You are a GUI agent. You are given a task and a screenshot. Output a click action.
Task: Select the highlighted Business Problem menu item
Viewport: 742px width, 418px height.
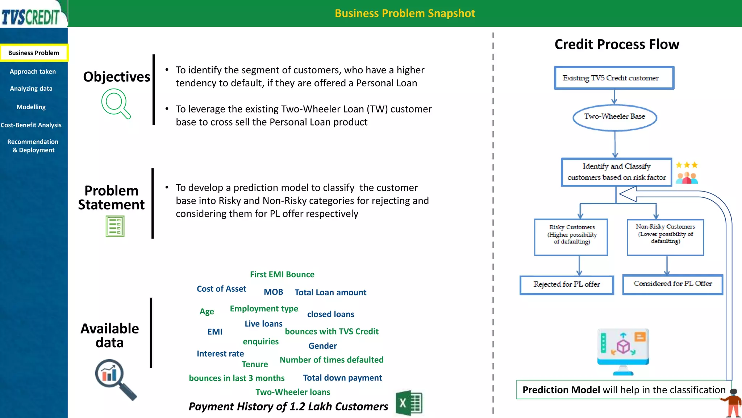(34, 53)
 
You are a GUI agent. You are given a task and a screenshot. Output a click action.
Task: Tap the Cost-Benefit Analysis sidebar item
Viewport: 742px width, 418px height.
(31, 125)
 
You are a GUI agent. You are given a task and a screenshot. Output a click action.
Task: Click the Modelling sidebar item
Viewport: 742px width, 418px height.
(31, 107)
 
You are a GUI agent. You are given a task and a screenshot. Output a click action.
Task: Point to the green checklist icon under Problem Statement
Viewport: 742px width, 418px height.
(115, 226)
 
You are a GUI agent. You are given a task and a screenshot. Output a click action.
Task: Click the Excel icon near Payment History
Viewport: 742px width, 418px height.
(409, 403)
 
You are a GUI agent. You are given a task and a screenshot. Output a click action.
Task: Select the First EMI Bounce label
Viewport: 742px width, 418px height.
(282, 275)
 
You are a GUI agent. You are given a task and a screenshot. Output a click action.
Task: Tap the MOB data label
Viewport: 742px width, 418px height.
(273, 292)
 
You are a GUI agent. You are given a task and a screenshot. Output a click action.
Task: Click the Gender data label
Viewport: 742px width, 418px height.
(322, 346)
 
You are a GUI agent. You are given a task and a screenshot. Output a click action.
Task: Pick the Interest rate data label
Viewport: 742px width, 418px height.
(220, 354)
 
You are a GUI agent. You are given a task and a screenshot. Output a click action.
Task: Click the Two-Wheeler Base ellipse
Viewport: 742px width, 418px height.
(614, 117)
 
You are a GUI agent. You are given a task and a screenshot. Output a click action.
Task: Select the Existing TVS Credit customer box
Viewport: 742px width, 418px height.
(614, 78)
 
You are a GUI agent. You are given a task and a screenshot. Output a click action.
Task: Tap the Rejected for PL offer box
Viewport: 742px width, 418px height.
(567, 285)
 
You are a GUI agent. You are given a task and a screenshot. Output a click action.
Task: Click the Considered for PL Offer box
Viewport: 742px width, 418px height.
(672, 284)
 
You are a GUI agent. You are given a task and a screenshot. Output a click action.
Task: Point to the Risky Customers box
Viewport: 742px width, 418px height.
(571, 237)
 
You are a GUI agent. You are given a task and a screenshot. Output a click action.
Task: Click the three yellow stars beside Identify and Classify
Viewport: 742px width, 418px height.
(687, 165)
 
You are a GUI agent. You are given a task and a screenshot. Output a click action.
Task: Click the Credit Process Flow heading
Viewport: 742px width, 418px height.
(617, 44)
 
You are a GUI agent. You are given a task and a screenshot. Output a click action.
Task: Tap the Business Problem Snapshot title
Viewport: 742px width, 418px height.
(405, 13)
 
